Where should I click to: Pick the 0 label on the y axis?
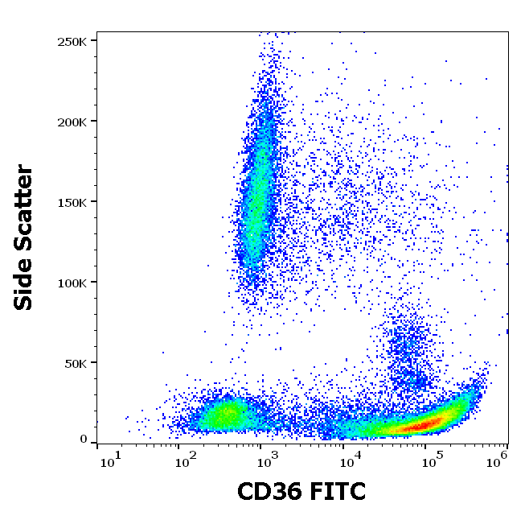point(83,440)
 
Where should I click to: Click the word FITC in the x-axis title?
point(337,491)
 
